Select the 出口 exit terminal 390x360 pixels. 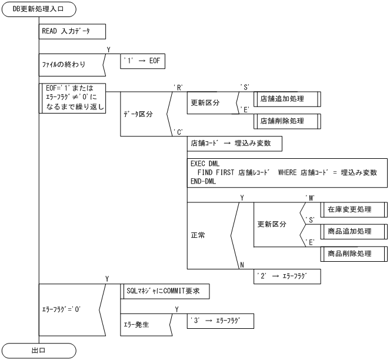(39, 351)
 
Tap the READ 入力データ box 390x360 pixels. (72, 31)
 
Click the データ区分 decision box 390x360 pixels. (141, 114)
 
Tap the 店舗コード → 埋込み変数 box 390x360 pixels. (234, 144)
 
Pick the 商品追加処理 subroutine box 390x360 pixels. (353, 231)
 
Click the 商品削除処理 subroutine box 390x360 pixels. (353, 254)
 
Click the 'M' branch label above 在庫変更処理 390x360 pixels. (309, 198)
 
